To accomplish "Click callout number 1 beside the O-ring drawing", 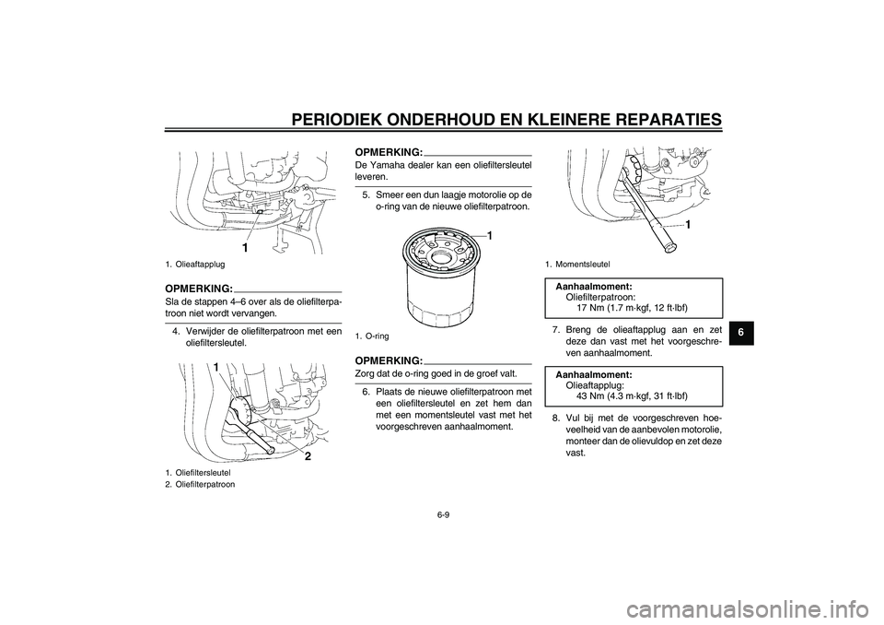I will [x=490, y=237].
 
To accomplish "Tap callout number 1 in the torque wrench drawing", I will [x=688, y=224].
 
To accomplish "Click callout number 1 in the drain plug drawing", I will [x=246, y=247].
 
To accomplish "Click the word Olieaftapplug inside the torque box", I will [x=595, y=385].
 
